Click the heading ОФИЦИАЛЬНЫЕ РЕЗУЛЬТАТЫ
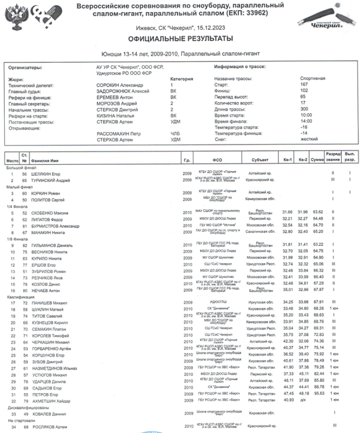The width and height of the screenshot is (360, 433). (180, 38)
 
